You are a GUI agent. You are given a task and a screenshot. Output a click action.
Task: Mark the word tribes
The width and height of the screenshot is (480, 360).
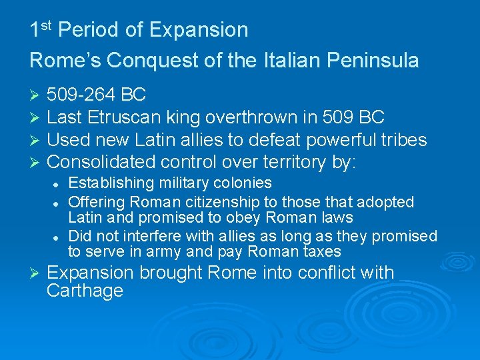pyautogui.click(x=401, y=140)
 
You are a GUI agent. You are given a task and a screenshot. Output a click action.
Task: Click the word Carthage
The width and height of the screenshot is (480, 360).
pyautogui.click(x=85, y=291)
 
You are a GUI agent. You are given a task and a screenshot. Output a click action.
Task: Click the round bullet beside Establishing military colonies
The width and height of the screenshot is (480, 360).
pyautogui.click(x=57, y=184)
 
